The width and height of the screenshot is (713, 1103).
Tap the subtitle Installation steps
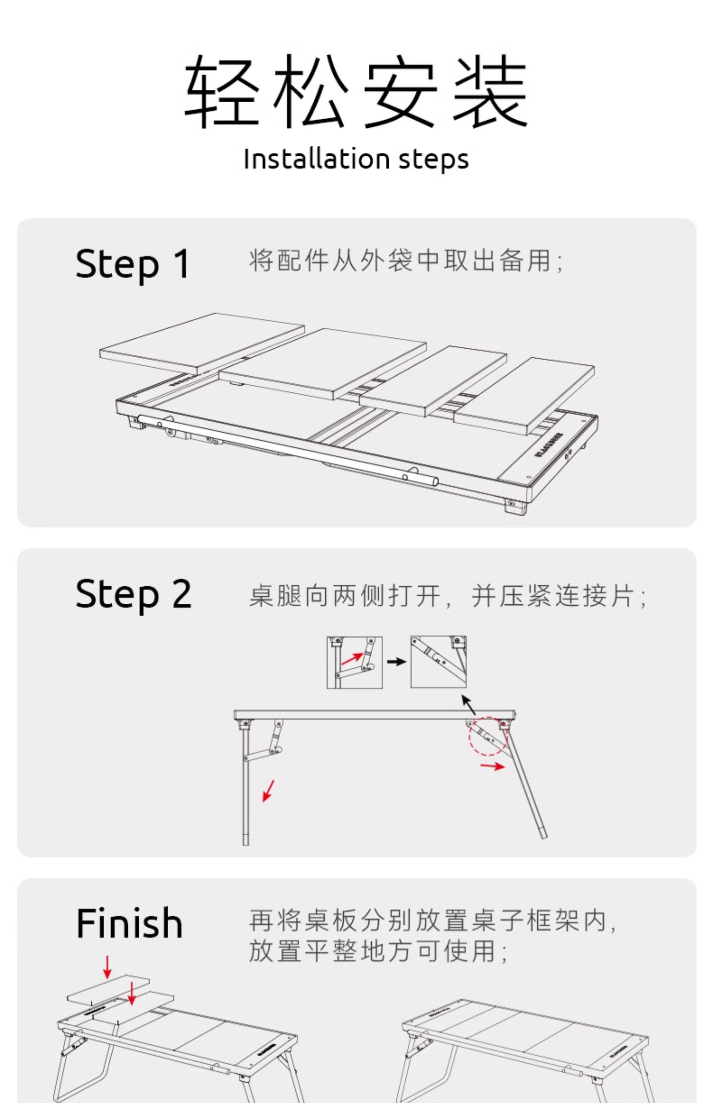[x=356, y=159]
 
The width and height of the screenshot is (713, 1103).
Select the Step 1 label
[x=133, y=265]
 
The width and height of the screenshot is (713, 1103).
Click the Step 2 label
[x=134, y=594]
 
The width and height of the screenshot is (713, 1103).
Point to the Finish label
[x=129, y=924]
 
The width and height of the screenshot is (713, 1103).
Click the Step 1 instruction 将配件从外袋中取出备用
[x=406, y=261]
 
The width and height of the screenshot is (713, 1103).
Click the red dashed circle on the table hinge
[x=488, y=736]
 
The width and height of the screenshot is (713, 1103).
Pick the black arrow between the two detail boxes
[x=396, y=662]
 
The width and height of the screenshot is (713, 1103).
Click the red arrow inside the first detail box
[x=351, y=659]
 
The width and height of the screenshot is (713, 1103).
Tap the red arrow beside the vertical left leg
[x=269, y=790]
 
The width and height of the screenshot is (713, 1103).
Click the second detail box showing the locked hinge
[x=438, y=662]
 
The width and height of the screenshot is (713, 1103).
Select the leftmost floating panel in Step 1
[x=202, y=342]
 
